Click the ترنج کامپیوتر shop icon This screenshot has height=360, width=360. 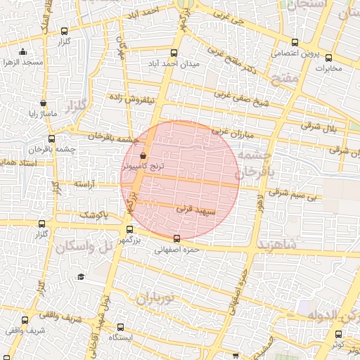[143, 156]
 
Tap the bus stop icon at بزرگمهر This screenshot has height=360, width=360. [129, 229]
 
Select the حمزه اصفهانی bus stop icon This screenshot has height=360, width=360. [176, 238]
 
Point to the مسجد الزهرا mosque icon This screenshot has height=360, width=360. [23, 51]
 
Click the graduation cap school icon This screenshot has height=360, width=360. [81, 277]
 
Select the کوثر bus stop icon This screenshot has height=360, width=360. [338, 335]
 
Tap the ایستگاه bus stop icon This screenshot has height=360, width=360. [120, 327]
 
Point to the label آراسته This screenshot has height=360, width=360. [84, 184]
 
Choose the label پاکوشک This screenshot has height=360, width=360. [93, 214]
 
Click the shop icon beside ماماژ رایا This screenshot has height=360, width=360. [44, 103]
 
